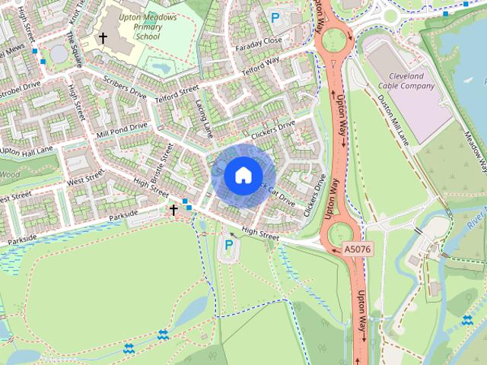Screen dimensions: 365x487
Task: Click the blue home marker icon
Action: [242, 174]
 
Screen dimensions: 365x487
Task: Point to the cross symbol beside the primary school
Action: [102, 37]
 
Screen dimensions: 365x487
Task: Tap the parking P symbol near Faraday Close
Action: [275, 16]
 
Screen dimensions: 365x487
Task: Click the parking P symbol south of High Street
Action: [228, 245]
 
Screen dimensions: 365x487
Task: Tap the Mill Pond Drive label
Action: [122, 131]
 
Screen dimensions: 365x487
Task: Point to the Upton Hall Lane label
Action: [26, 151]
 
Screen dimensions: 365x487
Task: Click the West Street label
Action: [84, 181]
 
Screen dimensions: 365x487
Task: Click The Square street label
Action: [74, 49]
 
